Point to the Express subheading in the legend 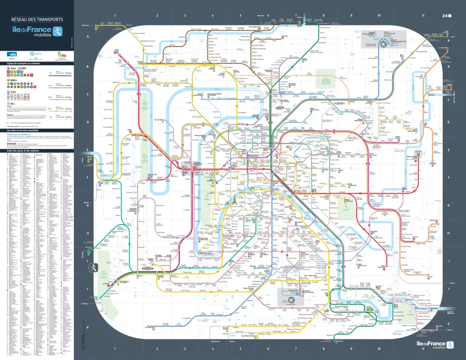pos(10,115)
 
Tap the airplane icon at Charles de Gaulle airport pos(382,44)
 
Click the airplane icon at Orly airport pos(291,300)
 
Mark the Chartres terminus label pos(84,303)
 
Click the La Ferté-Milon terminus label pos(444,48)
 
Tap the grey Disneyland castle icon pos(418,152)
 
